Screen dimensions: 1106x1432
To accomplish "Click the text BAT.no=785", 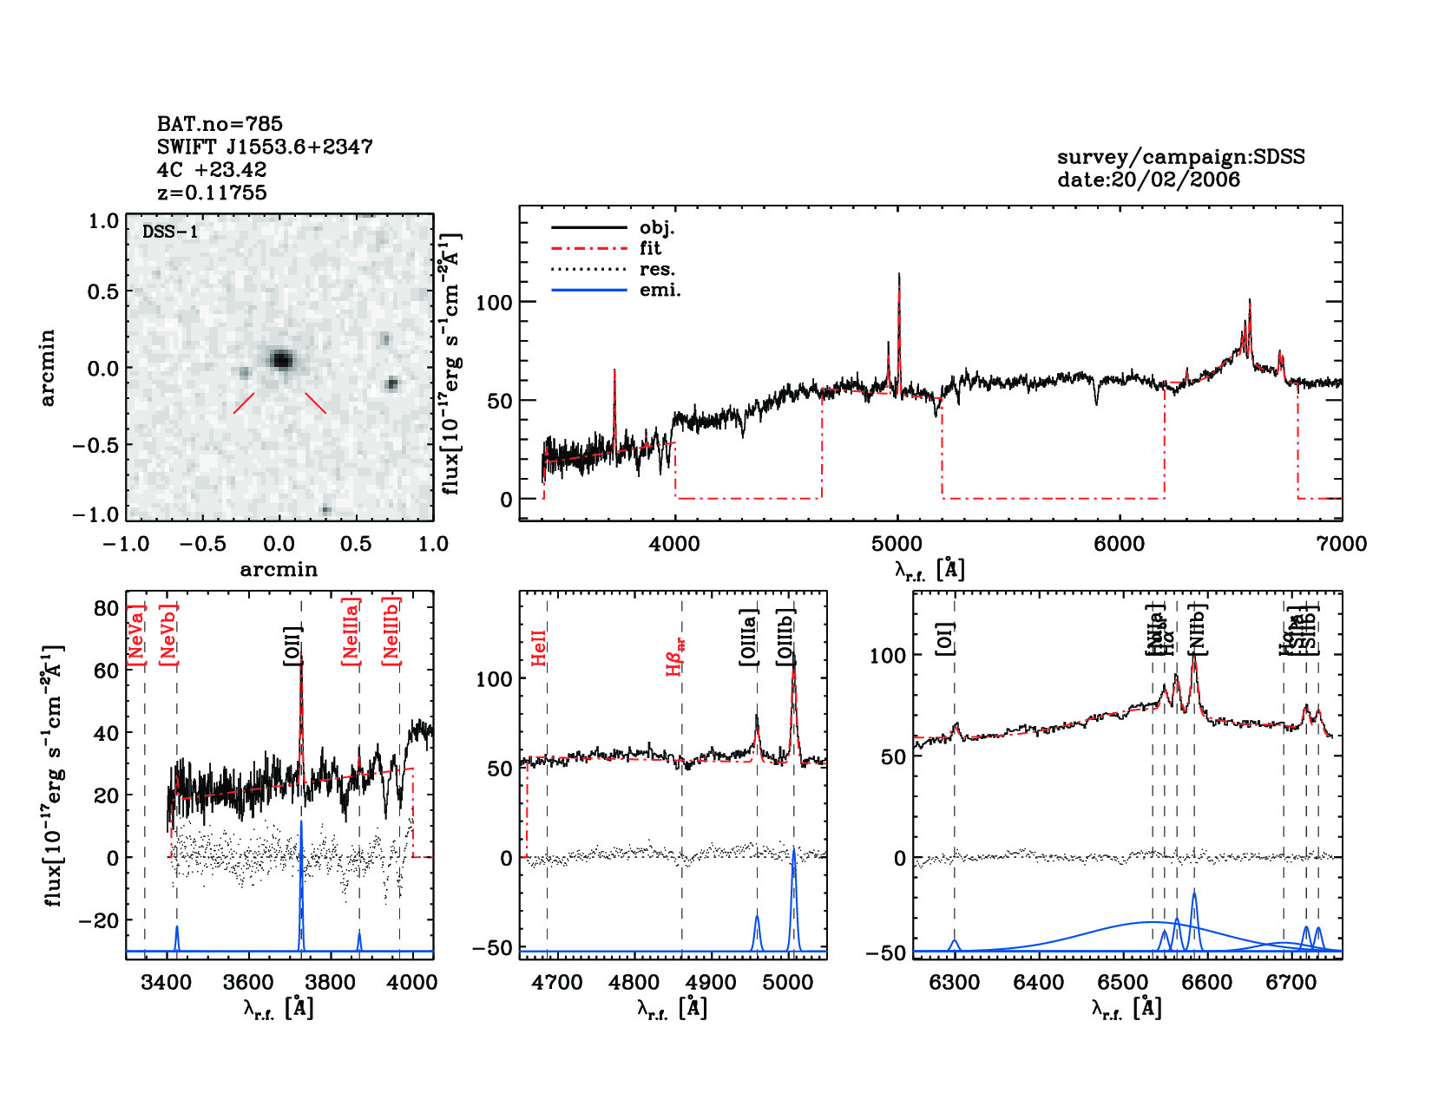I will (220, 124).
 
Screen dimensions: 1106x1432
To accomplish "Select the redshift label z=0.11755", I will (212, 193).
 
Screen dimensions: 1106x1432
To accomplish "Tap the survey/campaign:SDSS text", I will (1180, 157).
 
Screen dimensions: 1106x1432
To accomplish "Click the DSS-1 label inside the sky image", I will (170, 232).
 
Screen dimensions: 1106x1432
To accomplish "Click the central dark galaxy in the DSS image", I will (280, 359).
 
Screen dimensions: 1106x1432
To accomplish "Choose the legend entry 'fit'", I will (650, 248).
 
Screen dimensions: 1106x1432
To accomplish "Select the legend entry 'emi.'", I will (660, 290).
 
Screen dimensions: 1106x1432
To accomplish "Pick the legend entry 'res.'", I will (657, 269).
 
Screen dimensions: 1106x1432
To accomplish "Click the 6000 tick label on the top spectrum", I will (1119, 544).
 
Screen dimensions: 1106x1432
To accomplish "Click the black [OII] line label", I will (292, 645).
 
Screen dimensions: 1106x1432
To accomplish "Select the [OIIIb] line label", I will (786, 637).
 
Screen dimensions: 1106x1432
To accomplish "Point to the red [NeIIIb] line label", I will (391, 631).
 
